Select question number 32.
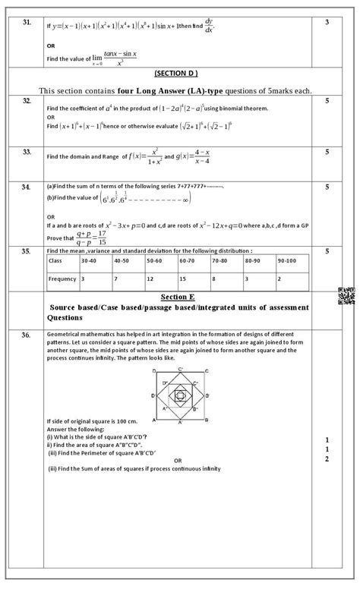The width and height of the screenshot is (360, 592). (x=27, y=100)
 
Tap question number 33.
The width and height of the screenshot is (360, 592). (x=27, y=152)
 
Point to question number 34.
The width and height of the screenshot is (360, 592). (x=27, y=186)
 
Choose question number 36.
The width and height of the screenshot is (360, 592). (x=27, y=335)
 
